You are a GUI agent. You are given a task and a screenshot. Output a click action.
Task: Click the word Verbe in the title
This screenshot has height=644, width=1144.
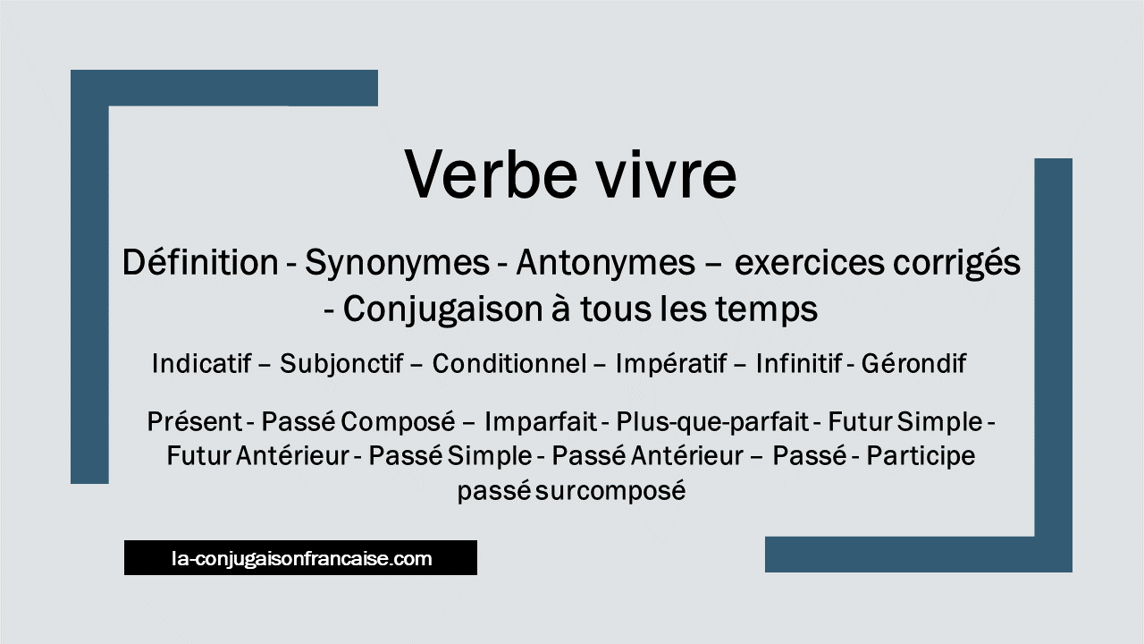491,174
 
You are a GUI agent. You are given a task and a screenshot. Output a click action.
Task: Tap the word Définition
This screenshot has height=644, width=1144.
200,262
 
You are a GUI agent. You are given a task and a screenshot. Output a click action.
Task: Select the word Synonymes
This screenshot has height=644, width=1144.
398,264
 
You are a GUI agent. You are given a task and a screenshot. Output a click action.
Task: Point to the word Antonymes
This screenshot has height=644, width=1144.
606,264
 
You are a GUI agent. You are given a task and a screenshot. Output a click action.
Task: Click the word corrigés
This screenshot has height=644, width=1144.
956,264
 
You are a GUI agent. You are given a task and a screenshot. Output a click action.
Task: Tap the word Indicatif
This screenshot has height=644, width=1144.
202,363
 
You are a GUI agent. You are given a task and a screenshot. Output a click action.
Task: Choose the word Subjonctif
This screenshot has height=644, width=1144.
341,364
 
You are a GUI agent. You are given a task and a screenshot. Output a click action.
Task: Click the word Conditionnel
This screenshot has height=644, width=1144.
509,363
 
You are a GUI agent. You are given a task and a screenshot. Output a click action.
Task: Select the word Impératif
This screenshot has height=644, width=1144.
671,364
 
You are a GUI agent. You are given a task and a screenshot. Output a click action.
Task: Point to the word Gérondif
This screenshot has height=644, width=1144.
913,363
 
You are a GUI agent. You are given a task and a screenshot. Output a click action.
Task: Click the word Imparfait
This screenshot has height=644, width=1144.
541,422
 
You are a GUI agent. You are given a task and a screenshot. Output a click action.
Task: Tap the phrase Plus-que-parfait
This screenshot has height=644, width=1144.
713,422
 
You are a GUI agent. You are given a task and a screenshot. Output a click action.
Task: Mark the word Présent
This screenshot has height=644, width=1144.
195,421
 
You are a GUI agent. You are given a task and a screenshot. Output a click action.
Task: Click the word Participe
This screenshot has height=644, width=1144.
921,456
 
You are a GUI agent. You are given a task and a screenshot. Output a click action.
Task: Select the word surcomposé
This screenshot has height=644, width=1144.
610,492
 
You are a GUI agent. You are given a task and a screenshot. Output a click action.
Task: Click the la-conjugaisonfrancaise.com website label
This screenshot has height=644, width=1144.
302,558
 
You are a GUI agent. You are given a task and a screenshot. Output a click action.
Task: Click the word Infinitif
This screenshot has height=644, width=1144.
799,363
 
